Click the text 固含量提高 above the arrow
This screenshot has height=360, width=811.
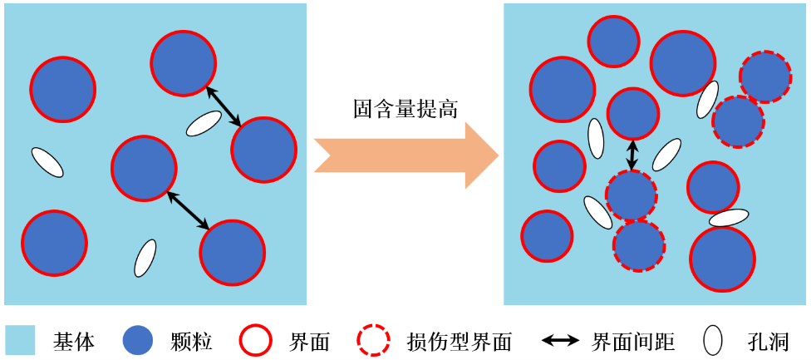pyautogui.click(x=405, y=109)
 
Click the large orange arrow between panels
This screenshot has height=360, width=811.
pyautogui.click(x=405, y=155)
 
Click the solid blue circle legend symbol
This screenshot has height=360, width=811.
pyautogui.click(x=139, y=341)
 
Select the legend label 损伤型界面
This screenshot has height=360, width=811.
pyautogui.click(x=459, y=342)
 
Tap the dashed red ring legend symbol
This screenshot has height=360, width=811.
pyautogui.click(x=373, y=341)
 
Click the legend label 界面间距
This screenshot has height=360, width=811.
pyautogui.click(x=632, y=342)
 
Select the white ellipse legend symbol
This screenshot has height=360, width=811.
pyautogui.click(x=713, y=341)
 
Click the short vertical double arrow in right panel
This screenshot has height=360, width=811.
pyautogui.click(x=632, y=155)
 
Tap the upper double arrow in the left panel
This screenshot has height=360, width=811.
pyautogui.click(x=224, y=106)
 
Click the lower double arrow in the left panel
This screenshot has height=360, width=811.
pyautogui.click(x=188, y=210)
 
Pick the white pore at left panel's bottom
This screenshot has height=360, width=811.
pyautogui.click(x=145, y=258)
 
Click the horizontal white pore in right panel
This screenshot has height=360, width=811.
pyautogui.click(x=729, y=218)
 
